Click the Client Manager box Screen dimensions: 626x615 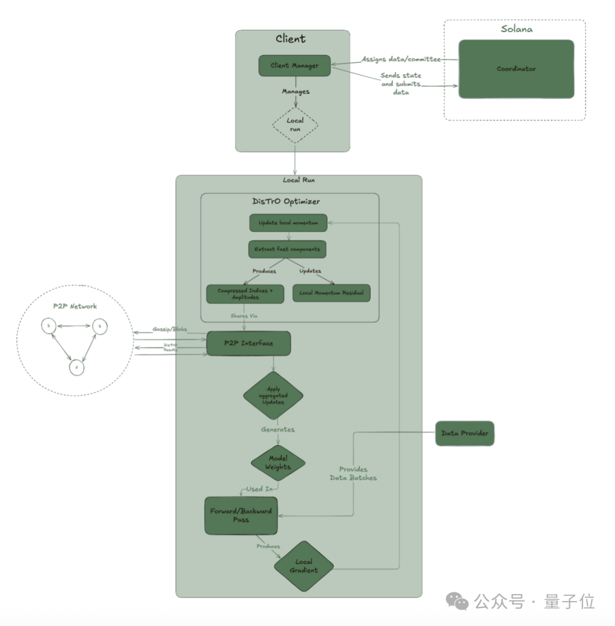294,65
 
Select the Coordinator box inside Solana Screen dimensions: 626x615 516,69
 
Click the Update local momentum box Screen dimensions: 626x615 288,223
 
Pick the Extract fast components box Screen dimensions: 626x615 287,249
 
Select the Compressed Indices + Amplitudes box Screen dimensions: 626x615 245,294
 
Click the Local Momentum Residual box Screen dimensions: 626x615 331,293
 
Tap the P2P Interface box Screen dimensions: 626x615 248,343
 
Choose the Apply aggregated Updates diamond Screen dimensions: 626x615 273,396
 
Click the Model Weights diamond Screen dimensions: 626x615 278,463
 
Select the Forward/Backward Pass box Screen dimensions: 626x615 241,515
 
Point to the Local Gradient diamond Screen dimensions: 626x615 304,566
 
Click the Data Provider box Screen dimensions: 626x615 464,433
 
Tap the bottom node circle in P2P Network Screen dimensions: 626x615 77,367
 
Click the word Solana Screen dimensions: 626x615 516,29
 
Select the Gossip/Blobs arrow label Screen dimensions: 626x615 170,329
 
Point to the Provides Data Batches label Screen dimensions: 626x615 353,473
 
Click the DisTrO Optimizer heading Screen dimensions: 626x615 286,201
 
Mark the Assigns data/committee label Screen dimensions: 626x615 401,59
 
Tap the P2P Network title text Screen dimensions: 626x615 75,306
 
